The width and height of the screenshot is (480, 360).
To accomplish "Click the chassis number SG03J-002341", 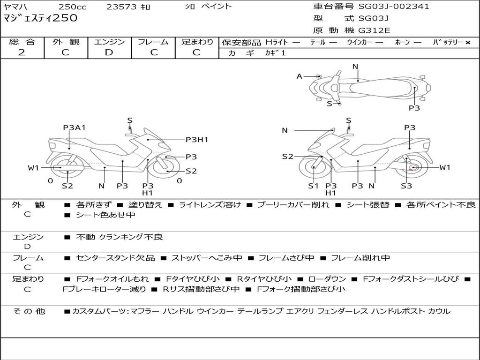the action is (x=394, y=7).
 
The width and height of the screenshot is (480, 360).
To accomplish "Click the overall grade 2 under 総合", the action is (x=22, y=52).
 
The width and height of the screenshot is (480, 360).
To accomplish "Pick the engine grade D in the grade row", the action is (x=109, y=52).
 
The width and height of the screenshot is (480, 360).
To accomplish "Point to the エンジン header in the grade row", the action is (x=109, y=42).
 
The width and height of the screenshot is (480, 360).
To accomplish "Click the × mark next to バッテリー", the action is (x=468, y=43).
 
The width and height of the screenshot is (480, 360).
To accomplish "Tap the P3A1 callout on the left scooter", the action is (x=74, y=127).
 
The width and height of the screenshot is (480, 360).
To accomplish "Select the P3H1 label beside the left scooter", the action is (x=197, y=140).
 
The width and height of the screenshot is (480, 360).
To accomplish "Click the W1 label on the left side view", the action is (x=33, y=168).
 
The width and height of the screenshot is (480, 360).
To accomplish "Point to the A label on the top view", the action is (x=300, y=76).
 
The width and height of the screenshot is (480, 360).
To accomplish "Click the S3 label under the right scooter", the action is (x=406, y=186).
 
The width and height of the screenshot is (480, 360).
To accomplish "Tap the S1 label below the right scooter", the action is (x=313, y=186).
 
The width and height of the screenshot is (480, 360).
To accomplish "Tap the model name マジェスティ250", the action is (x=40, y=18).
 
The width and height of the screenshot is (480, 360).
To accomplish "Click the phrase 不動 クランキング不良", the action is (x=120, y=237).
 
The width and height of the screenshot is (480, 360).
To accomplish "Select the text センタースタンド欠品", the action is (x=115, y=258).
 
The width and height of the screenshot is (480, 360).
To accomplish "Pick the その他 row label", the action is (x=29, y=311).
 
